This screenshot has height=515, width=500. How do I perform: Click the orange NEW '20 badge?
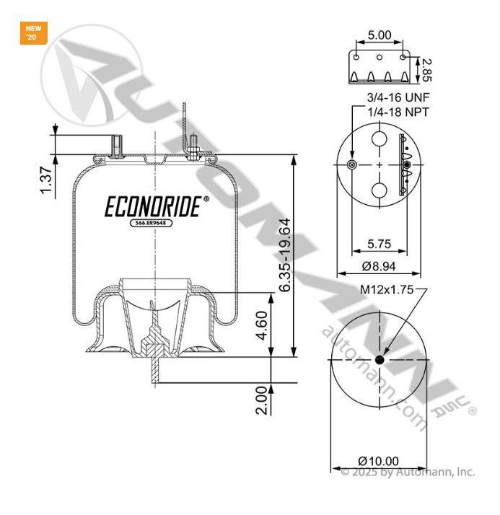33,33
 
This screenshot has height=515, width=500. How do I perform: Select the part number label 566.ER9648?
151,223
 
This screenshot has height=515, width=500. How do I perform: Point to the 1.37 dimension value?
45,180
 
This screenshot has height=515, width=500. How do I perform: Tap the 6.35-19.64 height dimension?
284,255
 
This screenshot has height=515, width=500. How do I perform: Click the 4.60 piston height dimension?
262,325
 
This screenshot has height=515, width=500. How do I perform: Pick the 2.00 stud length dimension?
262,401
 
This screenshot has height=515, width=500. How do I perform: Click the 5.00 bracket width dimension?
380,35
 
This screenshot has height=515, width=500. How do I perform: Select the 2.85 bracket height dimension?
426,70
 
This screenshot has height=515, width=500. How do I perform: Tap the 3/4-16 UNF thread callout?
398,97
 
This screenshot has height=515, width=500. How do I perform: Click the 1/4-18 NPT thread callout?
398,112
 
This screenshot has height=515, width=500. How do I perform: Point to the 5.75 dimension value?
379,244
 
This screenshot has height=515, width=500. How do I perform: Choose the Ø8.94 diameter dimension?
379,266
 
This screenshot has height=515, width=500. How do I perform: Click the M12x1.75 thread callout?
387,290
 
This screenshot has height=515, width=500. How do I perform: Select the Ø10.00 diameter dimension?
379,461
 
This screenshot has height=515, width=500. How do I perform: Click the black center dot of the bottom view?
380,360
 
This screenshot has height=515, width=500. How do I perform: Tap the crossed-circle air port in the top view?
352,164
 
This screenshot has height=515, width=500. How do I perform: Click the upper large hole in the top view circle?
380,138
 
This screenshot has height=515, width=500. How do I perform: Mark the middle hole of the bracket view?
380,57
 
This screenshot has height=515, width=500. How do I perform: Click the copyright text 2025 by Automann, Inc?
408,472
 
